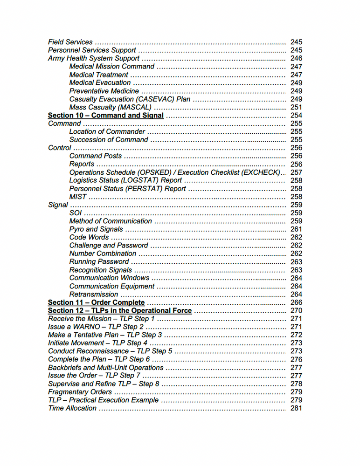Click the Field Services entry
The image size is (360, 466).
pos(70,42)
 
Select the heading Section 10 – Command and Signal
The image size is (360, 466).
pos(106,115)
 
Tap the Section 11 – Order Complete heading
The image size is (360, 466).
pos(96,302)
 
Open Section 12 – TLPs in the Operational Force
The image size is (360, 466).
pos(120,310)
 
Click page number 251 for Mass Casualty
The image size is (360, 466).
pos(296,107)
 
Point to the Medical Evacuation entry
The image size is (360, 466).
pos(100,82)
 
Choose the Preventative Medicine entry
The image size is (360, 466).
pos(104,91)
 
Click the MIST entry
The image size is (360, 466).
pos(78,197)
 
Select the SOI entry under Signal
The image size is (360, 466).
pos(76,213)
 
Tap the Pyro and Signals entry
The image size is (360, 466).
pos(96,229)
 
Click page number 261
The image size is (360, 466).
pos(296,229)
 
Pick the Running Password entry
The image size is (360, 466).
pos(99,262)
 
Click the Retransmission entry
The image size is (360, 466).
pos(94,295)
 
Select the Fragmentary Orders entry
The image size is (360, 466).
pos(80,392)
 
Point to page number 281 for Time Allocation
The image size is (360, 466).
pos(296,408)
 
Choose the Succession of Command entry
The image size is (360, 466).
pos(109,140)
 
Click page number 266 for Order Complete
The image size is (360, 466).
pos(296,302)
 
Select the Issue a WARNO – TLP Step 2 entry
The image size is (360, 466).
pos(96,327)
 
